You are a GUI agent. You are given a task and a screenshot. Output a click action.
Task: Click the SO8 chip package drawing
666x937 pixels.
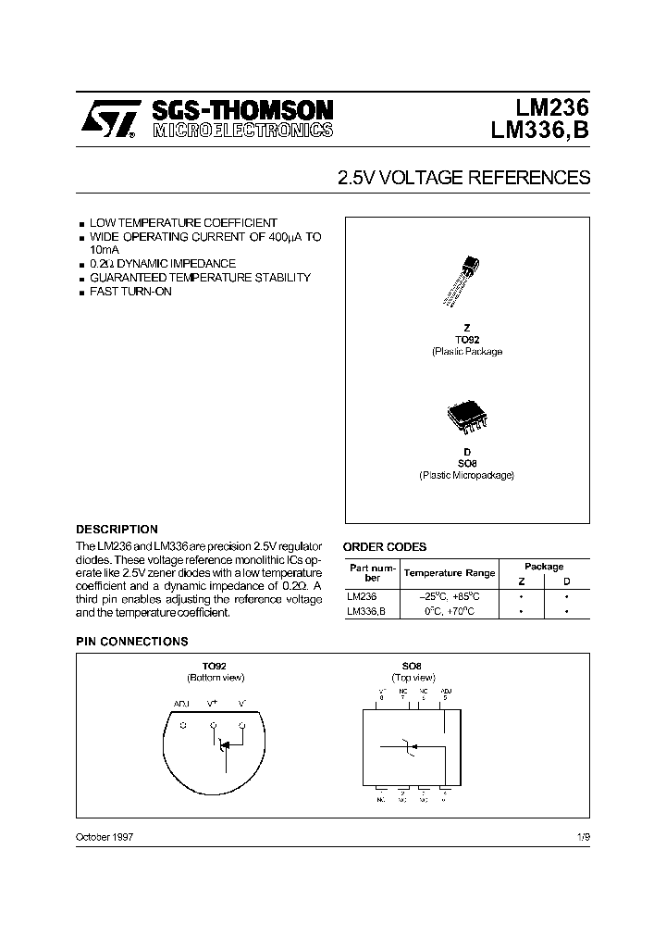pos(465,418)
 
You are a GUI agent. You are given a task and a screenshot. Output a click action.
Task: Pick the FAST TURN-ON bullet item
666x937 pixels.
pos(130,292)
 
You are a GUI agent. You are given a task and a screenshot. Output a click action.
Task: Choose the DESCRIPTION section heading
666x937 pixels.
pos(117,530)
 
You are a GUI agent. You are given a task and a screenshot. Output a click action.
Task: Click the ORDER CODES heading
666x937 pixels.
pos(385,547)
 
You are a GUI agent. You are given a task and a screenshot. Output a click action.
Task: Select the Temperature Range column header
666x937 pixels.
pos(450,573)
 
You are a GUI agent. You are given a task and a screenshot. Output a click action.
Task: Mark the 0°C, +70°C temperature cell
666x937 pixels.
pos(450,612)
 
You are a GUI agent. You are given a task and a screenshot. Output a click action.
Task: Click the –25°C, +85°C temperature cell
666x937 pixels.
pos(450,596)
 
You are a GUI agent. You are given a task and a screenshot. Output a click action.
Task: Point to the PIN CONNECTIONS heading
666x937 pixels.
pos(131,642)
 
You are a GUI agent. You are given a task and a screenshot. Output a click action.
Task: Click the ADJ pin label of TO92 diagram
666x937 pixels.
pos(182,704)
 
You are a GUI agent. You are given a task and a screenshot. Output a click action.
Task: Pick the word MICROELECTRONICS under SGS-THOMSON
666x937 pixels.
pos(242,131)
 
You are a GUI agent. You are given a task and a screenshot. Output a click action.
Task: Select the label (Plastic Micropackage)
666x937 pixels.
pos(466,475)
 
